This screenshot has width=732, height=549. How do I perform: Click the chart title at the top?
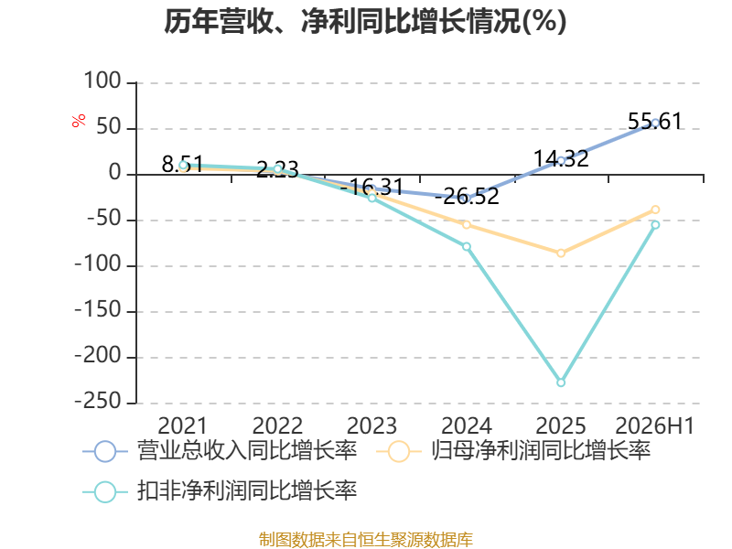tap(365, 21)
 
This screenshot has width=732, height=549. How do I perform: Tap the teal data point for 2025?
tap(561, 382)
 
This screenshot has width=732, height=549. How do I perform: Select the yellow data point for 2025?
tap(561, 253)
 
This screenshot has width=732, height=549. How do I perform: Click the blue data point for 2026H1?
tap(655, 124)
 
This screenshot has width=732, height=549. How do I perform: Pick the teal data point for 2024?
tap(467, 246)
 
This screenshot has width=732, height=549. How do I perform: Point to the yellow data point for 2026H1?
tap(655, 210)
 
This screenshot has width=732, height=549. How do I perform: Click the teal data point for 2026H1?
tap(655, 224)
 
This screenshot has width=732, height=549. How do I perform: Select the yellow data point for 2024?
tap(467, 224)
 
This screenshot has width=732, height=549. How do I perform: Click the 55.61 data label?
tap(655, 122)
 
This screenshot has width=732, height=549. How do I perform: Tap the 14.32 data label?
tap(561, 158)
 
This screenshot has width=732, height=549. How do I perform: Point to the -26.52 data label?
tap(467, 196)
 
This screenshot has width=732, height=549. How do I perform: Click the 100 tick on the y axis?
tap(102, 81)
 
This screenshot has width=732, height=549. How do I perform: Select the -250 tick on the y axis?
tap(99, 402)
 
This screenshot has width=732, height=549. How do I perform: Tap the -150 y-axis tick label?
tap(99, 310)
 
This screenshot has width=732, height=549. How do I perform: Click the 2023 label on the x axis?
tap(371, 425)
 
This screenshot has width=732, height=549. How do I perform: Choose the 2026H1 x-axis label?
tap(655, 425)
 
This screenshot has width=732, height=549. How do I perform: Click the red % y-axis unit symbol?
tap(79, 121)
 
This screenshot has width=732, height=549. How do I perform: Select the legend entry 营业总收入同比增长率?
tap(220, 451)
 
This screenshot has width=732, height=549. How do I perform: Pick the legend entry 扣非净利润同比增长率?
tap(220, 491)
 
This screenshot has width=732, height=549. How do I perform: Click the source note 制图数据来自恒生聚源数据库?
tap(366, 540)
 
